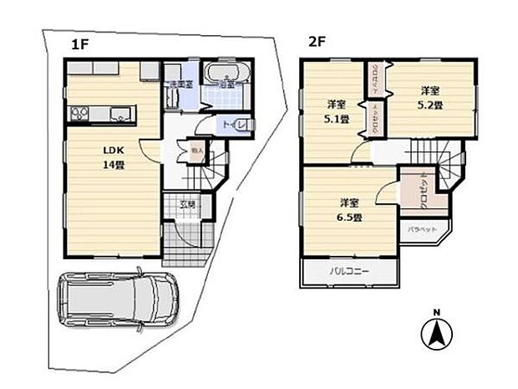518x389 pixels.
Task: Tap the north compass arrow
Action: pos(435,336)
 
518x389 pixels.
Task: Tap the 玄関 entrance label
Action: pos(190,205)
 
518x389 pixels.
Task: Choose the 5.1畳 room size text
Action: pos(338,120)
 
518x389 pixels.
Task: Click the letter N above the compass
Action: pos(435,313)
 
